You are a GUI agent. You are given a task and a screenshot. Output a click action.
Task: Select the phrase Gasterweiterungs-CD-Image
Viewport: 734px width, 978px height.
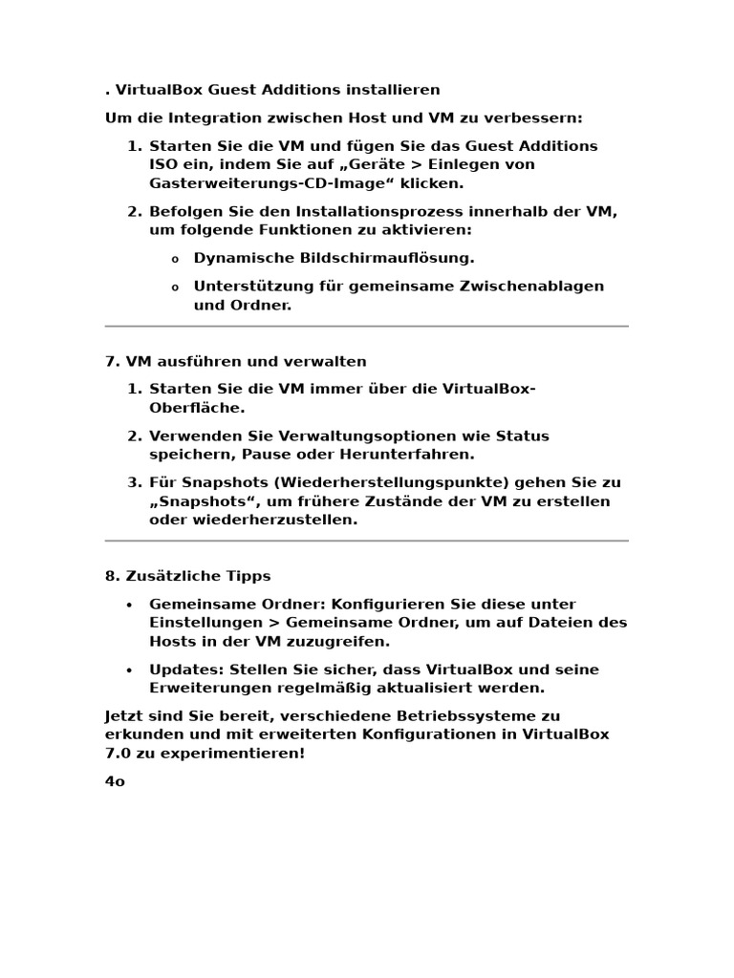click(x=269, y=183)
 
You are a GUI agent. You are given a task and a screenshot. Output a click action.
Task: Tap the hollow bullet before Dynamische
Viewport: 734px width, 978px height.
click(x=175, y=259)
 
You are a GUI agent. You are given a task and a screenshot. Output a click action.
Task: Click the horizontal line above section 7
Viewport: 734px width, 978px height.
click(x=366, y=327)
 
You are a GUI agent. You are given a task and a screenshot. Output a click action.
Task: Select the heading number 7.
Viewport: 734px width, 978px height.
click(x=110, y=361)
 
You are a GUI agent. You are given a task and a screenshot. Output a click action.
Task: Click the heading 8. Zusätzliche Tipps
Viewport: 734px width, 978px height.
click(x=187, y=576)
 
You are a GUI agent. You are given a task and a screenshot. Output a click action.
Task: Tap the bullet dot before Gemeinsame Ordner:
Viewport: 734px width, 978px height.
click(x=129, y=605)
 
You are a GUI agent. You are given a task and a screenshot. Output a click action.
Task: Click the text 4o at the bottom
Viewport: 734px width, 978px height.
click(x=115, y=781)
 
